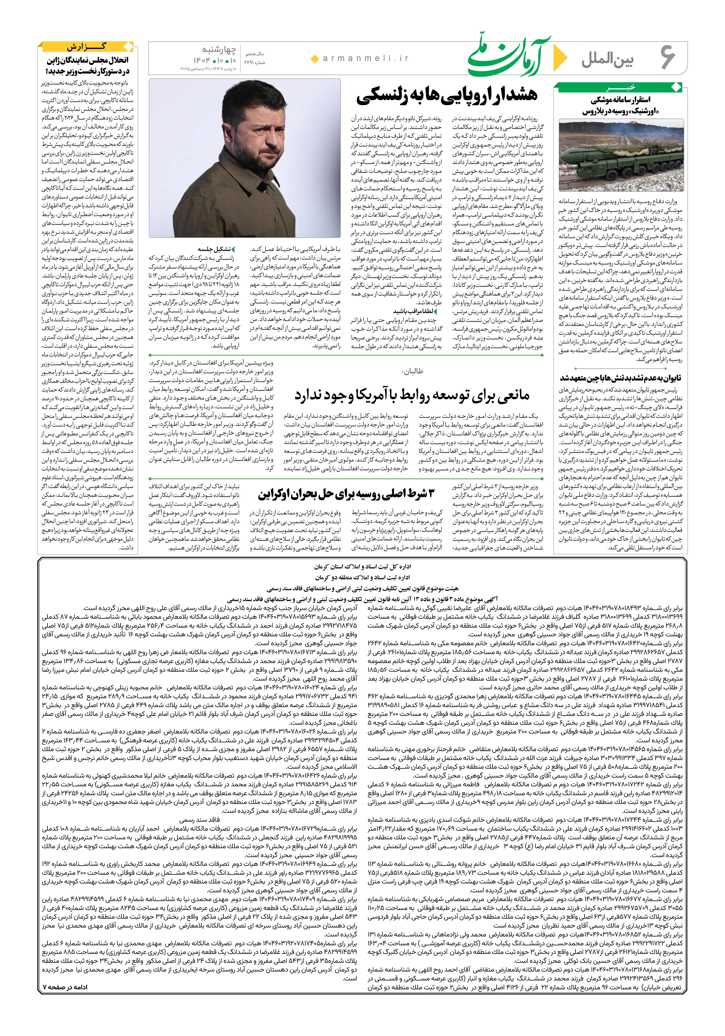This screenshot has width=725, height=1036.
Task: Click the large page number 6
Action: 668,58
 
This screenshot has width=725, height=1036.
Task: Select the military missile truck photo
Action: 621,155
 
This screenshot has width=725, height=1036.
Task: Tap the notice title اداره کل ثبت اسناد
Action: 362,566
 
